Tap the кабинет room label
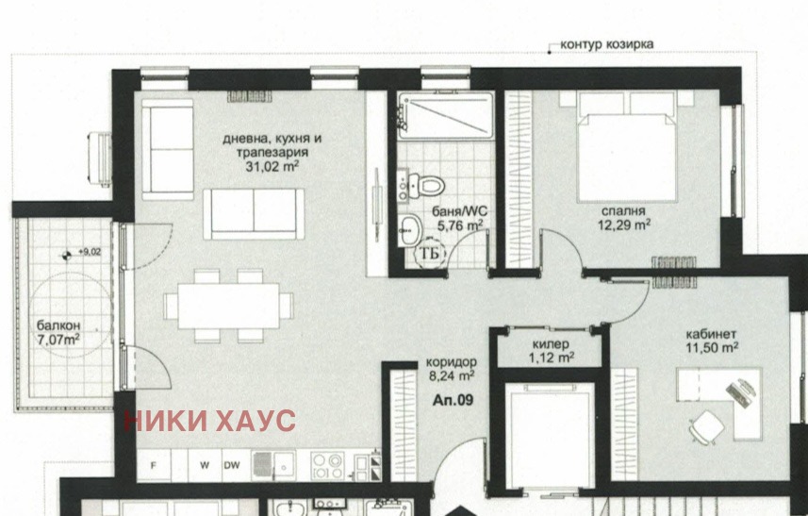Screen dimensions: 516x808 pyautogui.click(x=712, y=335)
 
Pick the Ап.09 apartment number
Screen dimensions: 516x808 pyautogui.click(x=453, y=400)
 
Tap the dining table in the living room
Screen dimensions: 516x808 pyautogui.click(x=228, y=305)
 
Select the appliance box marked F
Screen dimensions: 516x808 pyautogui.click(x=154, y=465)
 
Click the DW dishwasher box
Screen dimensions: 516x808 pyautogui.click(x=231, y=465)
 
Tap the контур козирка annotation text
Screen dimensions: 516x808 pyautogui.click(x=606, y=43)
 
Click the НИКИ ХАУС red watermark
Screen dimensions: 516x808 pyautogui.click(x=210, y=421)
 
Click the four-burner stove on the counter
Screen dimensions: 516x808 pyautogui.click(x=327, y=464)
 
